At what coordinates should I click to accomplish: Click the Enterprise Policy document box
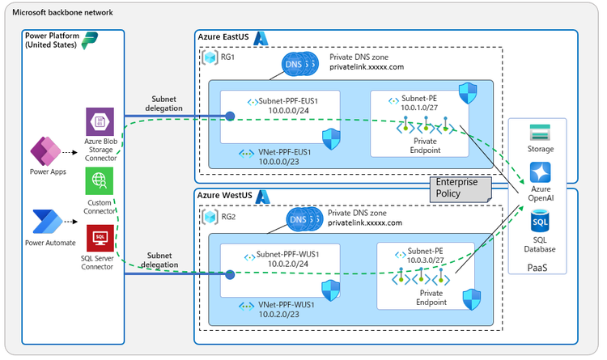coord(459,188)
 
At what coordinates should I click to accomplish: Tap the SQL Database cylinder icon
coord(541,219)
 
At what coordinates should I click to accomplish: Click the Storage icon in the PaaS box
coord(541,132)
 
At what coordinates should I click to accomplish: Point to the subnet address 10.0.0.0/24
coord(282,112)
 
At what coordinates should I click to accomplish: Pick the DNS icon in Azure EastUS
coord(298,63)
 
